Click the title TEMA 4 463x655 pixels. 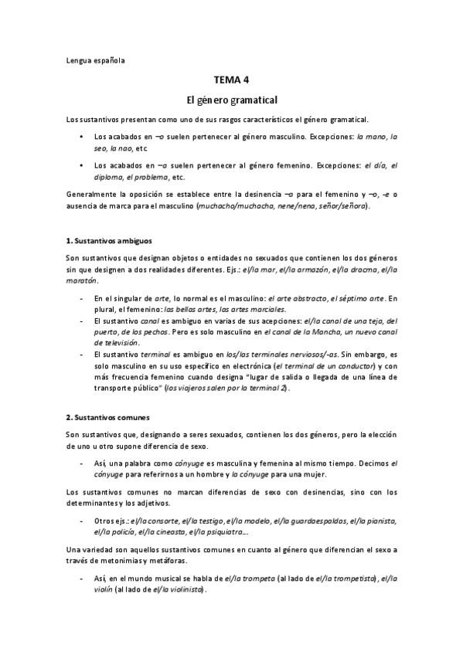click(231, 80)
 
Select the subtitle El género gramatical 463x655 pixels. click(231, 100)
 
